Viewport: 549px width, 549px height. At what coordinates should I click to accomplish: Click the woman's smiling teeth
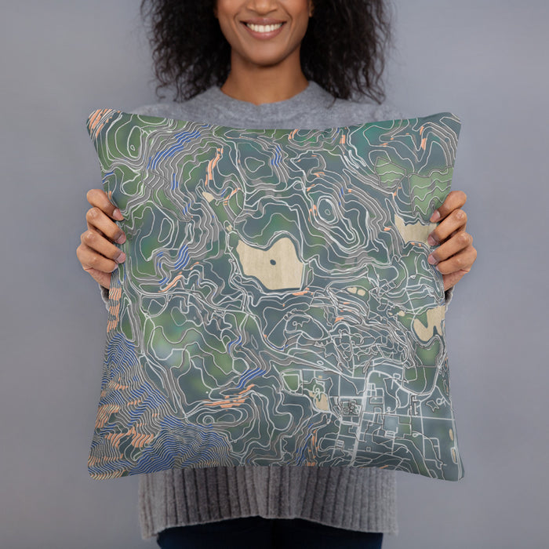(x=264, y=28)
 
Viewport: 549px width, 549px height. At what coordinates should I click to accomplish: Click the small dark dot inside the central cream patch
(x=272, y=263)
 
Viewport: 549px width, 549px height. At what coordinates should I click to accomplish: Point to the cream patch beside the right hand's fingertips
(x=413, y=231)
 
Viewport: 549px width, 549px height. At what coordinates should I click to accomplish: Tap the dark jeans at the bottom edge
(x=267, y=540)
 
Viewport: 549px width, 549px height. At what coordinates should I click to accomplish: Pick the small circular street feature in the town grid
(x=349, y=408)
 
